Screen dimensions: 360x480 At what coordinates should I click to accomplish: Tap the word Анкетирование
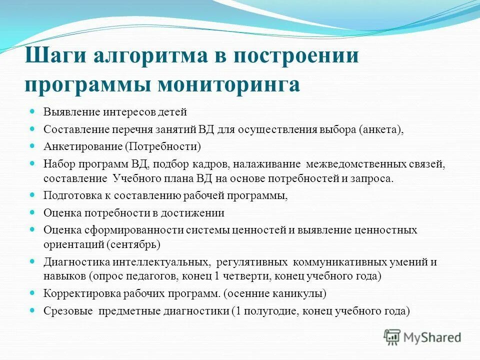(82, 146)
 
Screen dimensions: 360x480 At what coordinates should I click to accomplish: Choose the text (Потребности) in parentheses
(162, 146)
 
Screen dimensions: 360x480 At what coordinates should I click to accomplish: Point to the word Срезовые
(68, 310)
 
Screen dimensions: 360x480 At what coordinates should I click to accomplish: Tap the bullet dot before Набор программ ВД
(32, 163)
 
